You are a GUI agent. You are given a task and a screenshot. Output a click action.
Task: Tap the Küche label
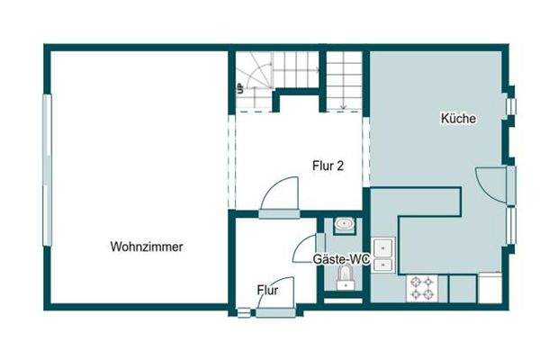point(458,118)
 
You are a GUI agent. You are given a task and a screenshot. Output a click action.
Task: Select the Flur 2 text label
point(326,166)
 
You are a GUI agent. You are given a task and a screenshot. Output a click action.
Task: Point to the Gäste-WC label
point(342,259)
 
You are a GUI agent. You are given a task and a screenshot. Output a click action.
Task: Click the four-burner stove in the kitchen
point(421,288)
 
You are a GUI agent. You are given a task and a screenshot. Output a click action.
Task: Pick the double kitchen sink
point(384,253)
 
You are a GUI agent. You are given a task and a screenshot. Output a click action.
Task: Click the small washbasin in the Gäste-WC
point(343,225)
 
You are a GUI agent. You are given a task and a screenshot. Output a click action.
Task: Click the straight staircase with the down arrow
point(345,79)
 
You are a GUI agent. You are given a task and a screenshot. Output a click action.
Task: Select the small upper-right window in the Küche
point(511,105)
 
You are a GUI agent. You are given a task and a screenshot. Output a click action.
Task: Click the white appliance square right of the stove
point(490,288)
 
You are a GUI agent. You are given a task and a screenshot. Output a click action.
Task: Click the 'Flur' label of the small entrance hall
point(267,291)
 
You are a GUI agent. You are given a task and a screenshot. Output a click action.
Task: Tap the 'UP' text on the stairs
point(240,88)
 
